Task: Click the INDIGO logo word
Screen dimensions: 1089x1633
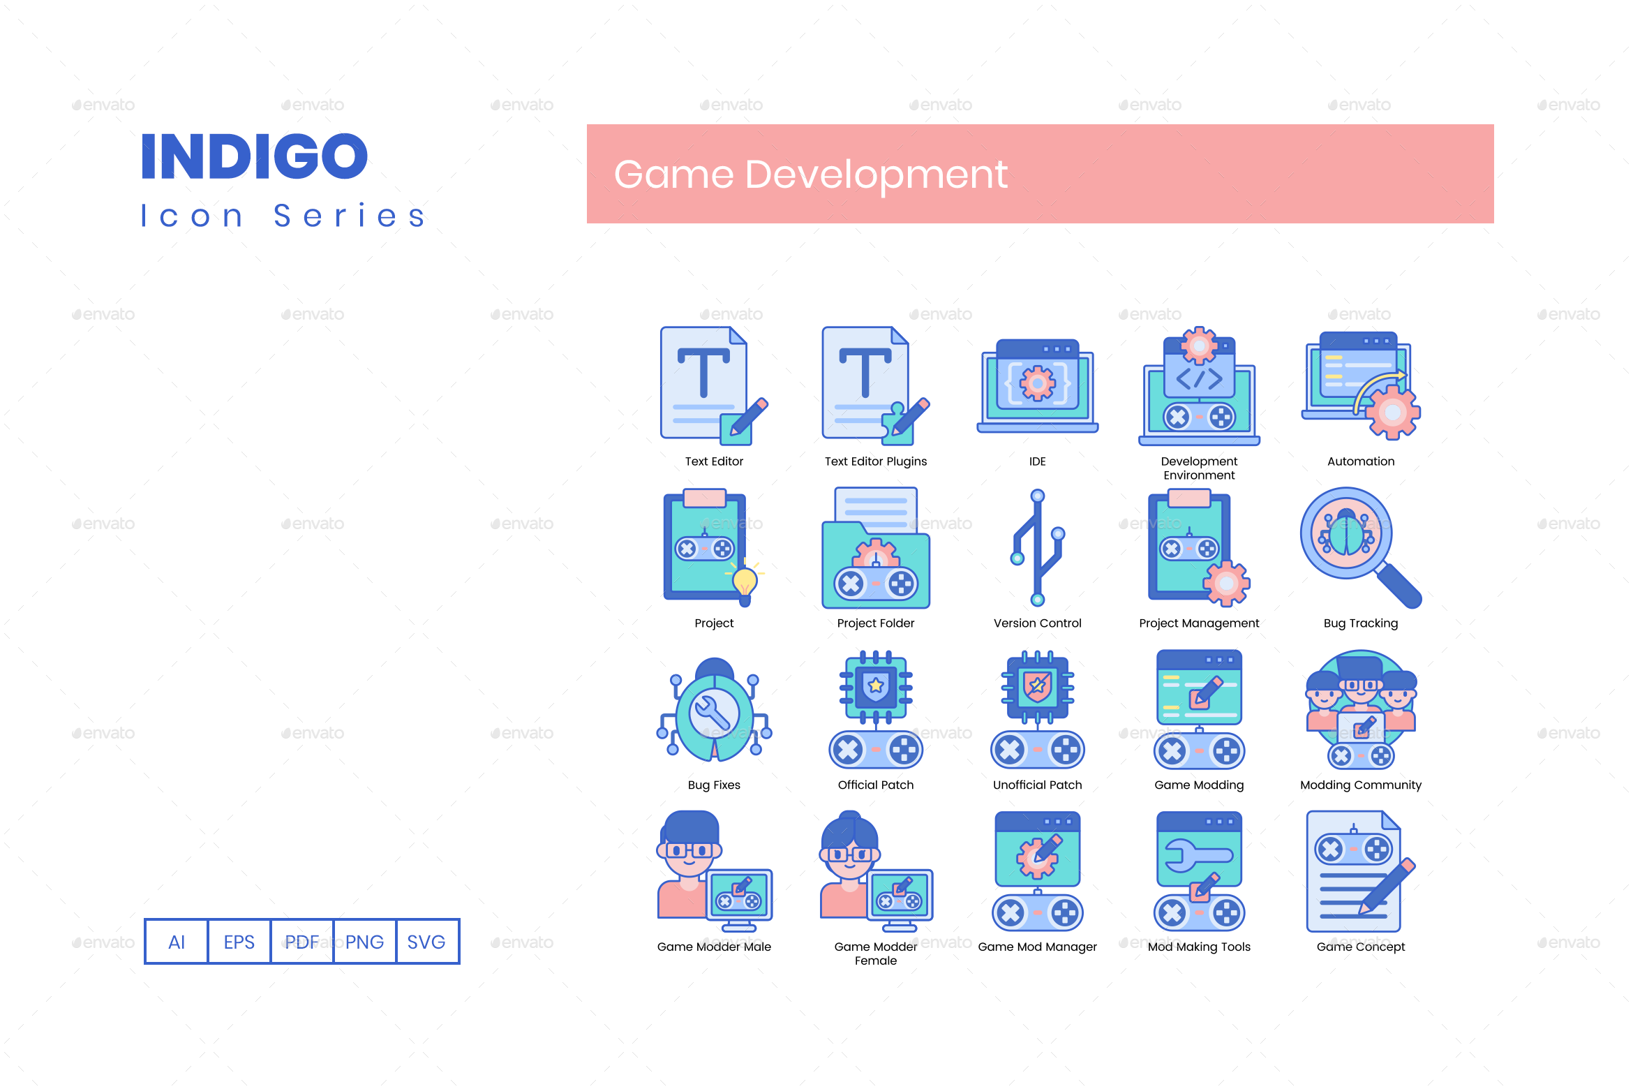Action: pos(255,156)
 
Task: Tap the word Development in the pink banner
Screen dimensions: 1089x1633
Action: pos(876,175)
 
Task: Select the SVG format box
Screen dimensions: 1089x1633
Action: pos(426,942)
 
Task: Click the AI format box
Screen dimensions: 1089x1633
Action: pos(177,942)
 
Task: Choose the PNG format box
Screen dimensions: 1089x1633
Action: pos(364,942)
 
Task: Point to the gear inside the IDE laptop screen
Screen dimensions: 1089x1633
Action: pos(1038,383)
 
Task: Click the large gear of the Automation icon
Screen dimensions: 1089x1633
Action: pos(1392,413)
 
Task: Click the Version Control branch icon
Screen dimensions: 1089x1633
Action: pos(1038,548)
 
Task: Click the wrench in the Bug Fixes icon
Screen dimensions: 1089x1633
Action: pos(713,713)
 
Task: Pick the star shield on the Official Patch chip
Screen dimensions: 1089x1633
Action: pos(876,686)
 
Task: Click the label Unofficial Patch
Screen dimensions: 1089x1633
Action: pos(1037,785)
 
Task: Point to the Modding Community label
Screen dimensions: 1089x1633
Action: pos(1360,785)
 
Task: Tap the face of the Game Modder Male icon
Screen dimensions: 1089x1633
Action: pos(689,859)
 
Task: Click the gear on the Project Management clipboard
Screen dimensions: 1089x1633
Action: pos(1226,584)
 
